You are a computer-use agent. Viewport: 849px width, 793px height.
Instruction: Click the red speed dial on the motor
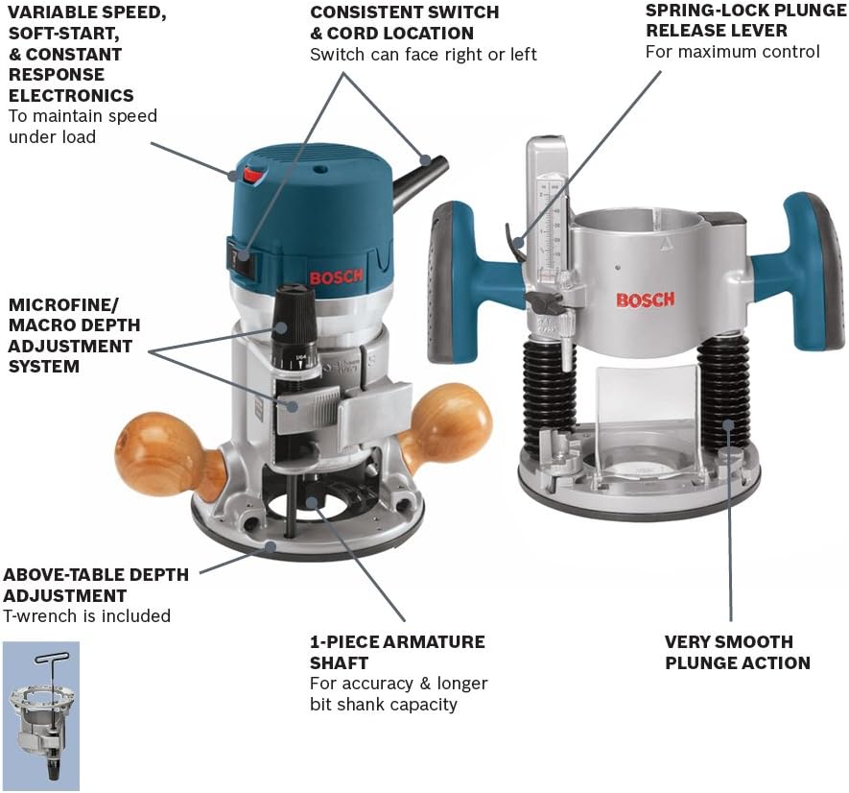click(252, 175)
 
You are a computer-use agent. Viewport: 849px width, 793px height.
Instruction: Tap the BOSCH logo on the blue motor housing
click(337, 277)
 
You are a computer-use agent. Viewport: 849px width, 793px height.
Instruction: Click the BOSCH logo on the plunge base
click(645, 300)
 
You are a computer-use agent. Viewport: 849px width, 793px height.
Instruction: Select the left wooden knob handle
click(157, 452)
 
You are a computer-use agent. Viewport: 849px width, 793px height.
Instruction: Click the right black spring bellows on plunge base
click(725, 394)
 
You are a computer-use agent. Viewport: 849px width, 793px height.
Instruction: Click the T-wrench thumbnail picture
click(41, 715)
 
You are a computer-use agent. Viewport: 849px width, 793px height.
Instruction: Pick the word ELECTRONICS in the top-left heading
click(71, 95)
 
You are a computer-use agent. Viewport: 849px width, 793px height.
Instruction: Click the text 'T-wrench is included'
click(86, 616)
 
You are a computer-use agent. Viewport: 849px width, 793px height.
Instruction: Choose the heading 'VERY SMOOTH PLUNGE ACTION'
click(737, 652)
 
